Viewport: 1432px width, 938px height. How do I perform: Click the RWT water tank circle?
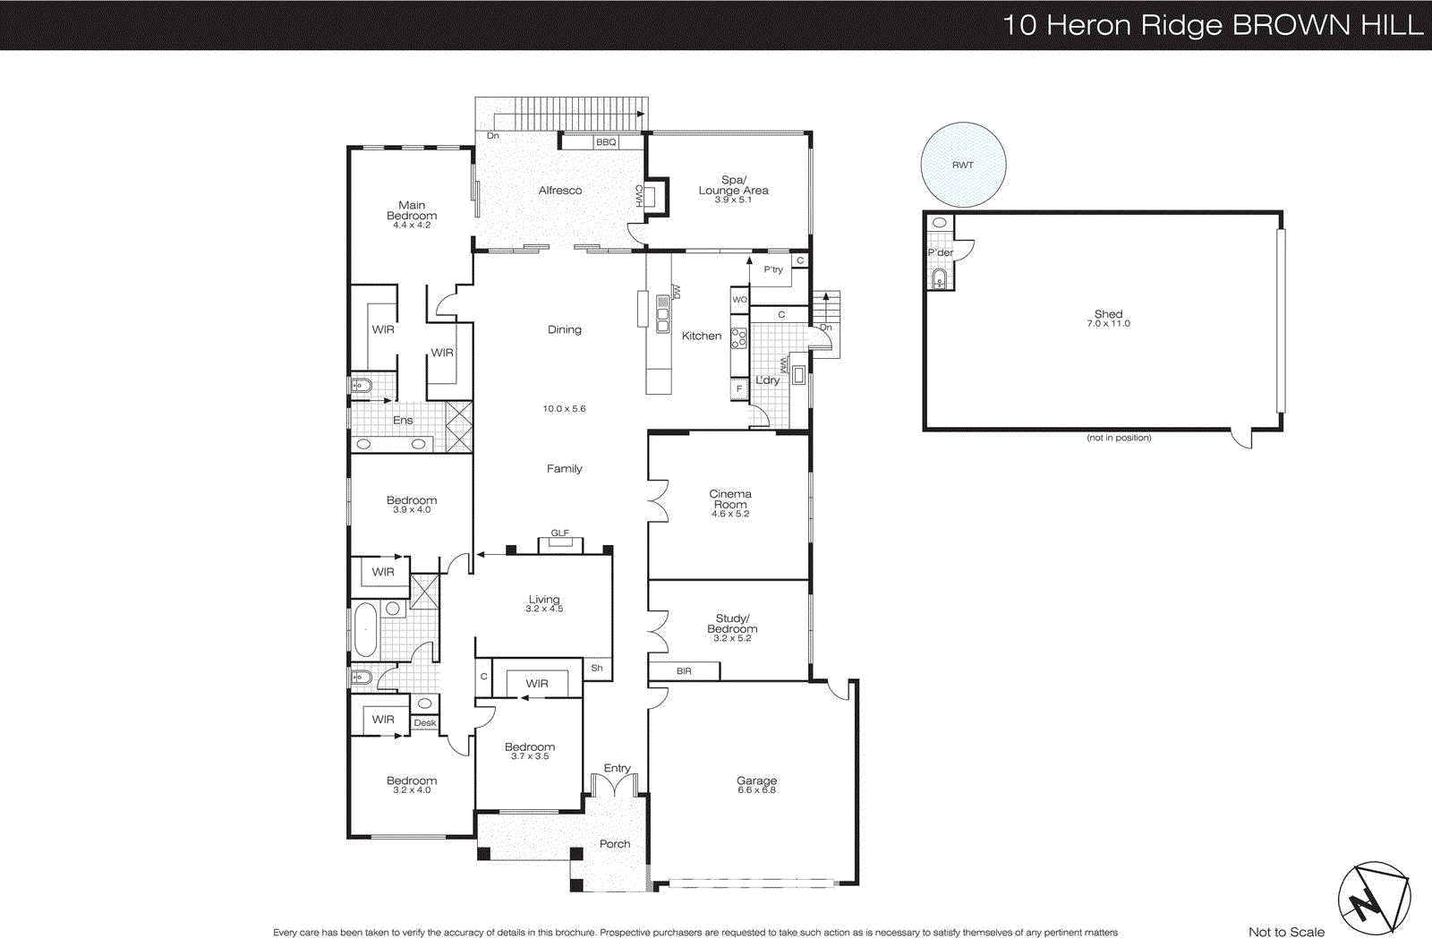click(x=963, y=165)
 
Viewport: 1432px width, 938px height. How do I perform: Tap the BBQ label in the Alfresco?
click(x=606, y=142)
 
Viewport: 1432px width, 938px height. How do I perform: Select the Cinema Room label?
click(x=730, y=499)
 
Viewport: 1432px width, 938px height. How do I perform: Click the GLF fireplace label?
click(x=559, y=533)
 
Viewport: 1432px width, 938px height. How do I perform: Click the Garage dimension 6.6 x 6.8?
click(x=756, y=790)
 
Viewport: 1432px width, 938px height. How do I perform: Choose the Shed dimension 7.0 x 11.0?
click(x=1108, y=324)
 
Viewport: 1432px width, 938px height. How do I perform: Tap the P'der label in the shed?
click(x=940, y=252)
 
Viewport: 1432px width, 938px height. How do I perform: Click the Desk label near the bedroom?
click(x=425, y=723)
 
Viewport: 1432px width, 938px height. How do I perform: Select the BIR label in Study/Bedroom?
click(x=684, y=671)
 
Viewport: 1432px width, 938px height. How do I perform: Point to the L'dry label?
click(x=767, y=380)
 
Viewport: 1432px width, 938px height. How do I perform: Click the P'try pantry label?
click(x=773, y=269)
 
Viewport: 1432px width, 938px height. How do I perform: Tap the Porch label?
click(x=615, y=844)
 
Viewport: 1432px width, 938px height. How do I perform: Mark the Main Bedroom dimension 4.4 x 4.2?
click(x=412, y=226)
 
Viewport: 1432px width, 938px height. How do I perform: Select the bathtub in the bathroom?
click(x=365, y=629)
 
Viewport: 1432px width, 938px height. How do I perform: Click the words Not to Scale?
click(x=1286, y=932)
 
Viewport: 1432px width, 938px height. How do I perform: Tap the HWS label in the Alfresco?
click(x=639, y=195)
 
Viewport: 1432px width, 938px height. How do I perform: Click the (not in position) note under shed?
click(x=1119, y=438)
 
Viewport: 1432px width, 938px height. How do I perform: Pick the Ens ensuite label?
click(x=403, y=421)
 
